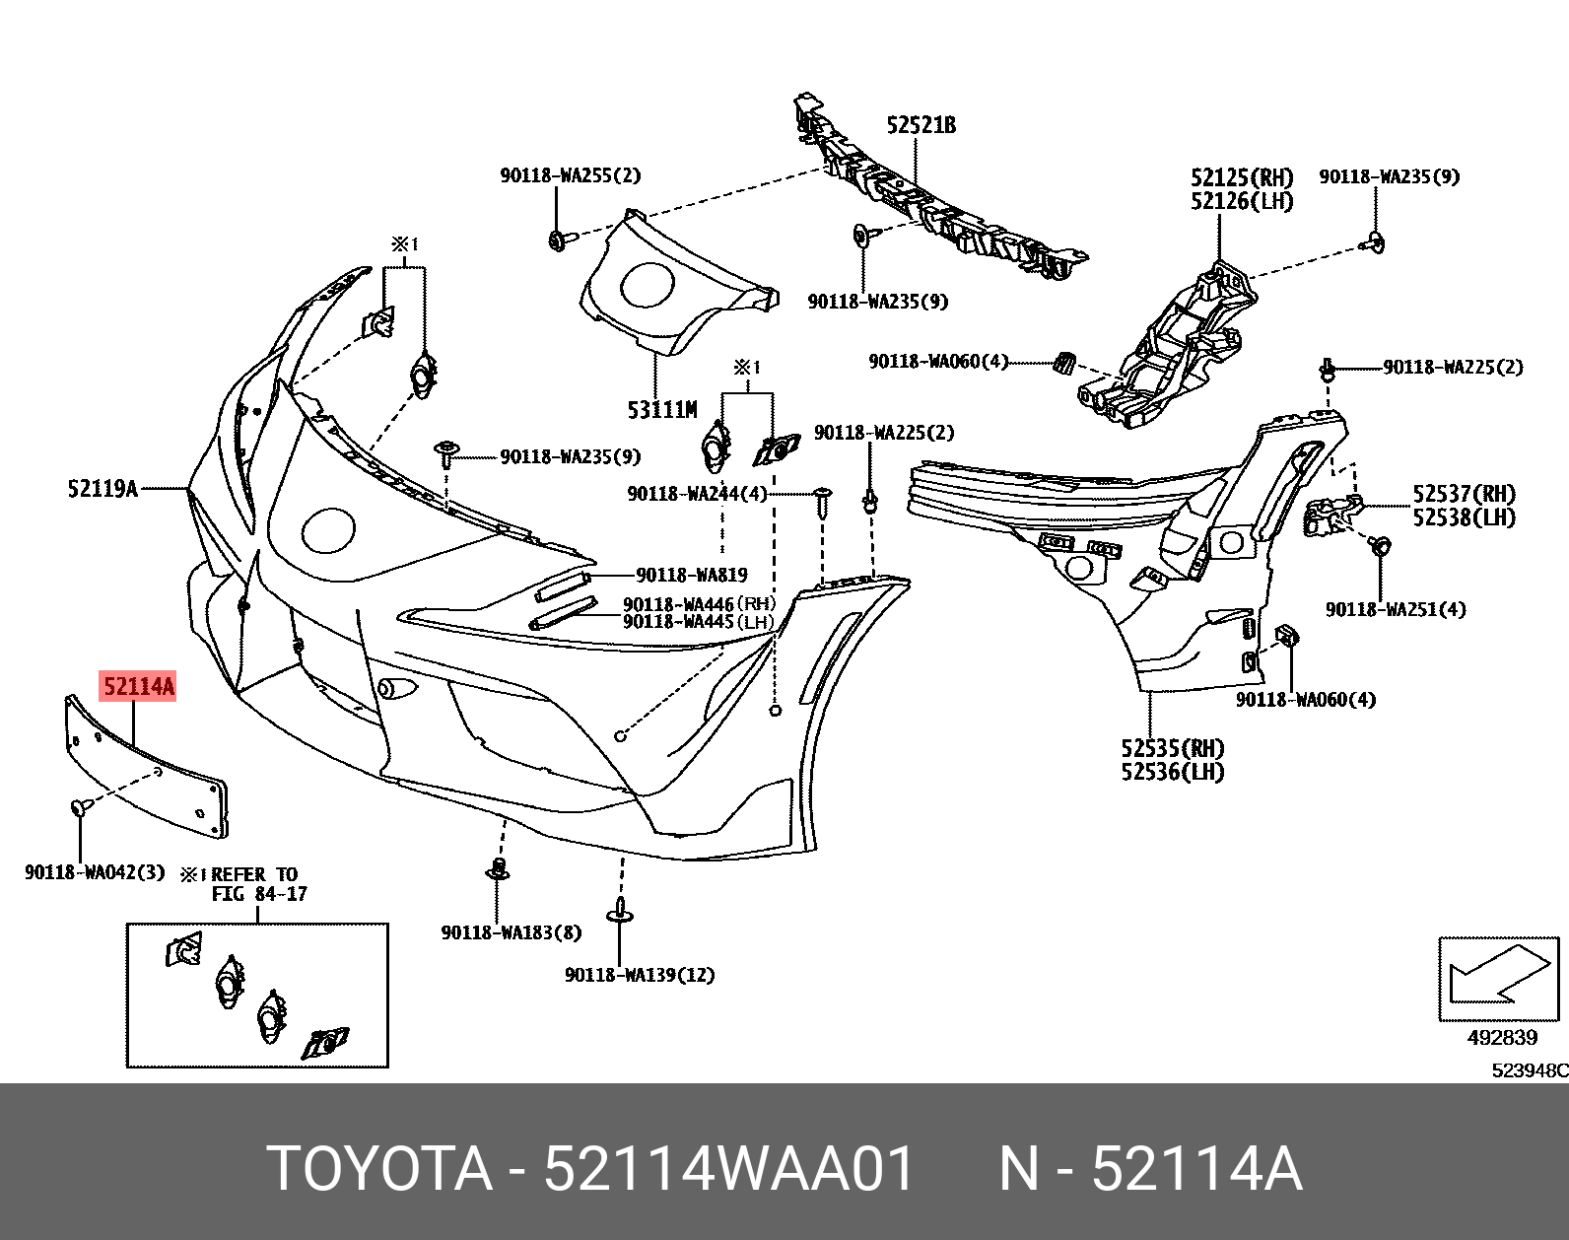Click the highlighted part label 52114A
138,686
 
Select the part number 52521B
921,125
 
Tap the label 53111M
661,409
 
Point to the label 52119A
102,488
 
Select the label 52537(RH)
1464,494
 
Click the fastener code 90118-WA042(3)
95,872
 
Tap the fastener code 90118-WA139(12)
640,975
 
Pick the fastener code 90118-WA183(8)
511,931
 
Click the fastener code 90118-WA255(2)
570,176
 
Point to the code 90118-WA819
691,575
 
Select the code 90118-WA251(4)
1395,609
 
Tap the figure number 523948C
1529,1070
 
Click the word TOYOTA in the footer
379,1170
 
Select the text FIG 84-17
259,894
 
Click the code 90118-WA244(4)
697,493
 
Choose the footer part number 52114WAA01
730,1170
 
